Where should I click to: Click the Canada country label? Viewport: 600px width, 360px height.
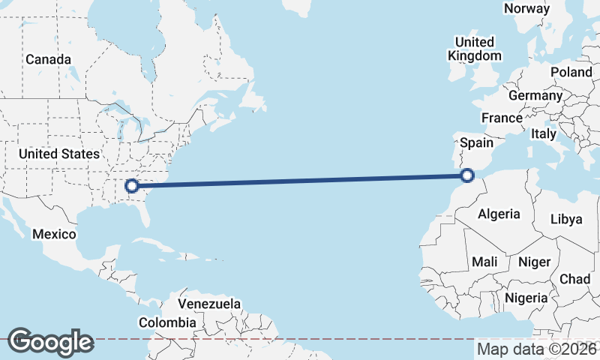tap(48, 59)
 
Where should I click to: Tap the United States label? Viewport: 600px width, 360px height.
tap(58, 154)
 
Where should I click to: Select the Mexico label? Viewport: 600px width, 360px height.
tap(54, 235)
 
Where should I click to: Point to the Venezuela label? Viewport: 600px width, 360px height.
tap(209, 304)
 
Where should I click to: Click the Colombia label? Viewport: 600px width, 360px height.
tap(167, 322)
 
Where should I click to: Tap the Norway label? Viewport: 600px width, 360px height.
tap(526, 8)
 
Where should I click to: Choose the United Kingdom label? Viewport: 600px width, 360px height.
tap(475, 49)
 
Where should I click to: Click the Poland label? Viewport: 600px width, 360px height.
tap(571, 72)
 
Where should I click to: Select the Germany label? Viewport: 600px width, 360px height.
tap(535, 96)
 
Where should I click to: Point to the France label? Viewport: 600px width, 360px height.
tap(502, 118)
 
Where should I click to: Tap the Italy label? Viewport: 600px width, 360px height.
tap(543, 133)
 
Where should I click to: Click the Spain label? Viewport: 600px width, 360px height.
tap(476, 142)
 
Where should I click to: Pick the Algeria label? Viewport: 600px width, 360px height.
tap(499, 214)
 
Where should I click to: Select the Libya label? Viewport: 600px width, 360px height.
tap(565, 219)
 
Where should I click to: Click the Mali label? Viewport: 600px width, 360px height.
tap(484, 262)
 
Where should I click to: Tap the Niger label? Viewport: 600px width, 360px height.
tap(534, 262)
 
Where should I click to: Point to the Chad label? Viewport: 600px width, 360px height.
tap(574, 279)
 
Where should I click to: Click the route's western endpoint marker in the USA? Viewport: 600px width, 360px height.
tap(133, 185)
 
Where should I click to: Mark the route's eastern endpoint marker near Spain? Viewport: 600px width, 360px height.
tap(467, 176)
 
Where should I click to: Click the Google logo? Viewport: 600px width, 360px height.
tap(50, 341)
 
